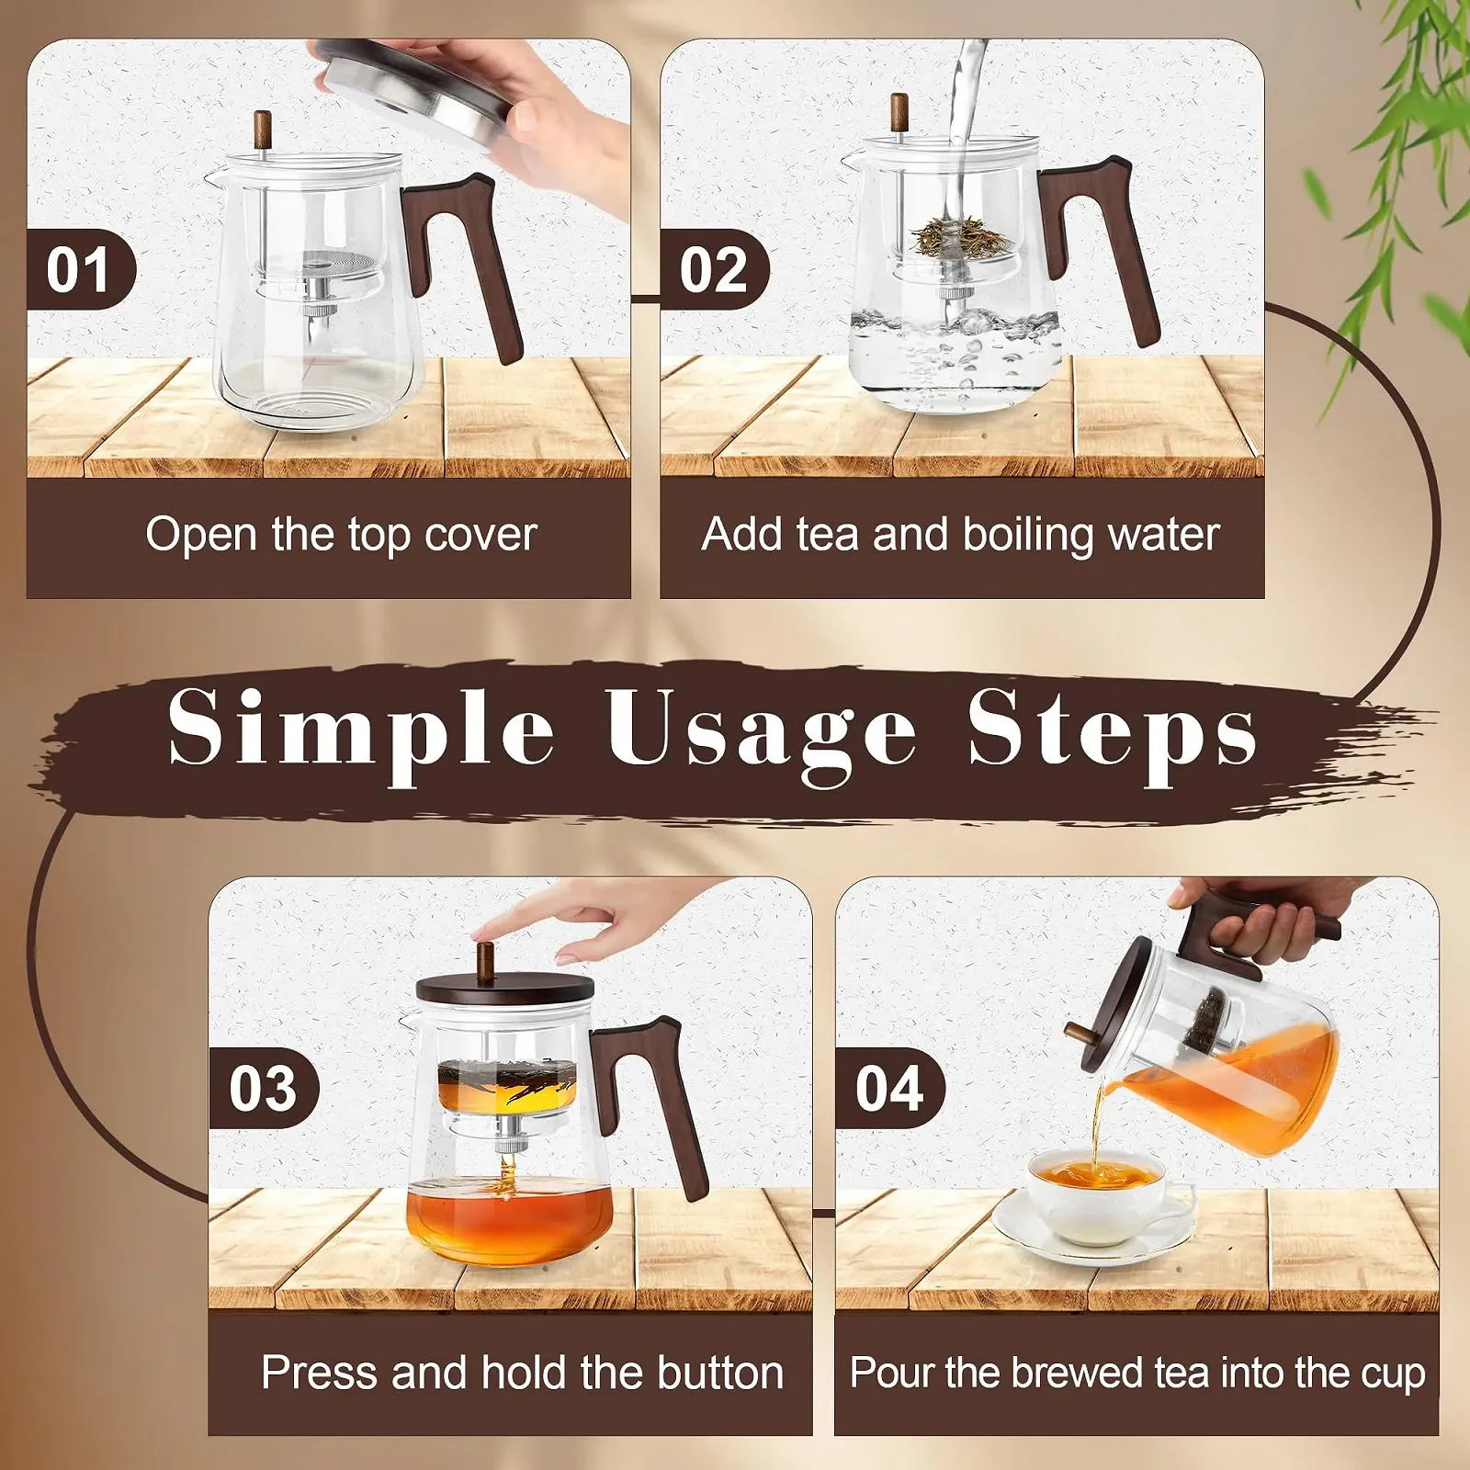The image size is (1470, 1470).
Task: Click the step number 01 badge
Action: (x=81, y=269)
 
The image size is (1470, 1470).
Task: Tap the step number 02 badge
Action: (x=714, y=269)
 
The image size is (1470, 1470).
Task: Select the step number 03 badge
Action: (x=264, y=1088)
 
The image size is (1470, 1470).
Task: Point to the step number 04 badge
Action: (x=889, y=1088)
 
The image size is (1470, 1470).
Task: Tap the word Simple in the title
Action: (x=361, y=730)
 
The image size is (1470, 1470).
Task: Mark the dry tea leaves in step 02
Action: (x=961, y=235)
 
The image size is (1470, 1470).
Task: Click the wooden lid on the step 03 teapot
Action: (x=504, y=990)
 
